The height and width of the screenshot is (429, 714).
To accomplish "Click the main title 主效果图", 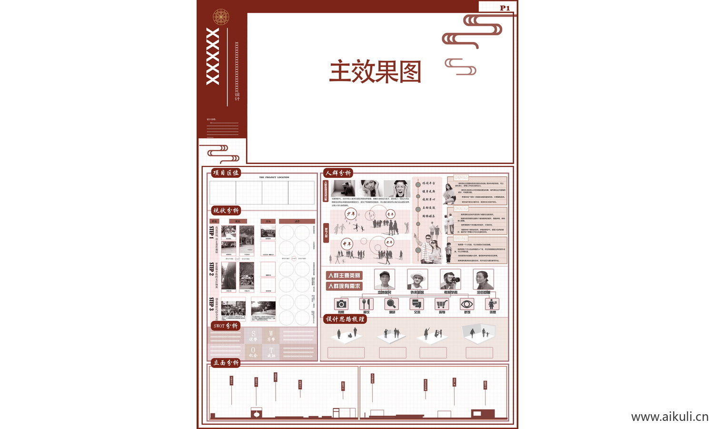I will click(x=375, y=72).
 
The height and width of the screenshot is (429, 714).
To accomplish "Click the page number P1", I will click(x=505, y=8).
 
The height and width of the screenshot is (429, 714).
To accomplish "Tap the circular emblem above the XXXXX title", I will click(x=221, y=17).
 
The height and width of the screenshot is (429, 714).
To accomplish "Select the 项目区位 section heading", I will click(x=226, y=173).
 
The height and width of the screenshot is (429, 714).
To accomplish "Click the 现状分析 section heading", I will click(x=226, y=210).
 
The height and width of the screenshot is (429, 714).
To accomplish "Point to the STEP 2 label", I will click(x=211, y=269).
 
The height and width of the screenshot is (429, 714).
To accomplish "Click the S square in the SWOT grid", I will click(x=253, y=336).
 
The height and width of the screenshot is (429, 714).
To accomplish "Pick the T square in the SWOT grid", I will click(x=271, y=352).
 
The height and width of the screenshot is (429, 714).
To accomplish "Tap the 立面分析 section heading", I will click(x=226, y=363).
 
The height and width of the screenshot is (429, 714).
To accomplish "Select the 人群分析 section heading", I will click(x=338, y=173).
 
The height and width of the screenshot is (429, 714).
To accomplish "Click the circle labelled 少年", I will click(x=351, y=214).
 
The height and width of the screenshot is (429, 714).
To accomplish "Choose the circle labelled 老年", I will click(x=389, y=242).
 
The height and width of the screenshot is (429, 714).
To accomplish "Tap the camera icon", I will click(x=341, y=304).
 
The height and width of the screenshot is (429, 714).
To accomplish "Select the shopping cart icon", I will click(x=442, y=304).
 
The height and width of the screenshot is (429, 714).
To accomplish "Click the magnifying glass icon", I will click(x=392, y=304).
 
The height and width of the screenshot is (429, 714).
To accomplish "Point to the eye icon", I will click(x=467, y=304).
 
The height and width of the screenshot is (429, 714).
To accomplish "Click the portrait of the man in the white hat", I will click(x=417, y=279).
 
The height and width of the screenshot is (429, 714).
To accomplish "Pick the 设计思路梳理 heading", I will click(x=345, y=319).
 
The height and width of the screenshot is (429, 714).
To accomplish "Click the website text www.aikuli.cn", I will click(x=670, y=417).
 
